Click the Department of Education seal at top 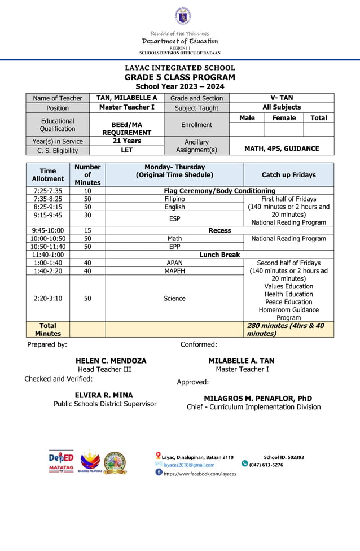[x=182, y=16]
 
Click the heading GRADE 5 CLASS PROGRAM [x=180, y=77]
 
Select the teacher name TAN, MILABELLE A [x=126, y=98]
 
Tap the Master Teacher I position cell [x=126, y=107]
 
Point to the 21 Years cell [x=126, y=141]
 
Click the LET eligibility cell [x=126, y=150]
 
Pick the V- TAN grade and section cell [x=282, y=98]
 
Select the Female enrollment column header [x=284, y=118]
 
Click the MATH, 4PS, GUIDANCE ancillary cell [x=282, y=148]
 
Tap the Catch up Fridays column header [x=288, y=175]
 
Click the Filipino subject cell [x=174, y=199]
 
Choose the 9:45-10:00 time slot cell [x=48, y=230]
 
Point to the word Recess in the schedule [x=219, y=230]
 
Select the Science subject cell [x=174, y=298]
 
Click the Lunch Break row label [x=219, y=255]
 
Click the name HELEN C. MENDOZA [x=111, y=361]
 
